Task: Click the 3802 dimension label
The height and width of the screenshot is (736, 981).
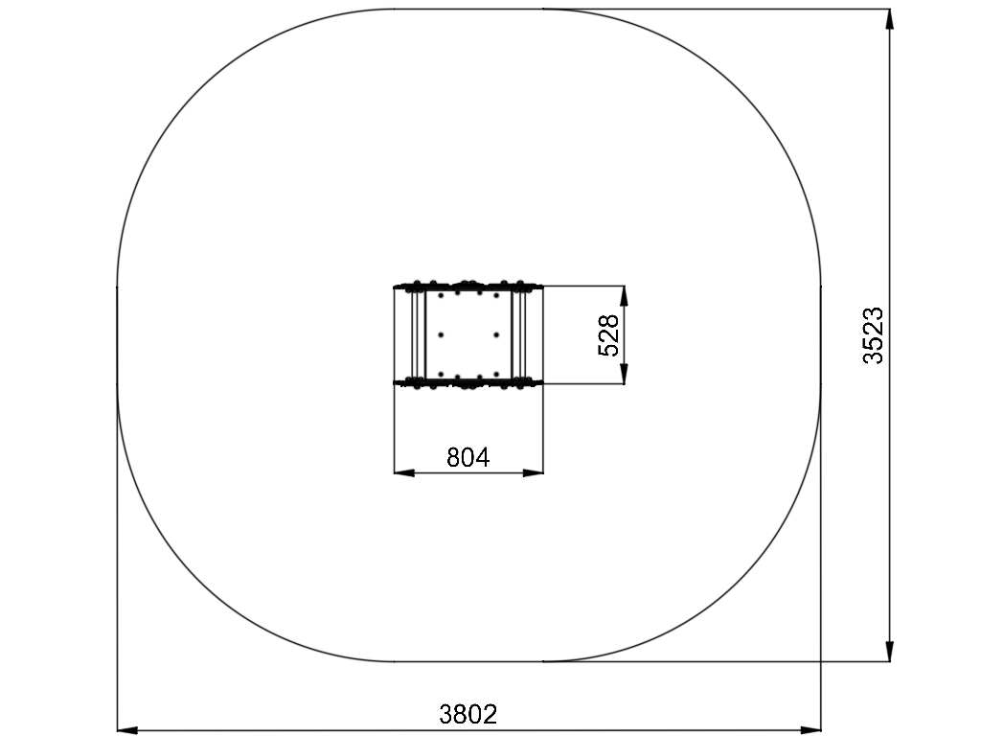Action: point(468,714)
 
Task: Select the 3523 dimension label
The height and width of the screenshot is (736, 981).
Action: point(873,335)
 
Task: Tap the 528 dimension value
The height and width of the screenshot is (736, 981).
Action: point(608,335)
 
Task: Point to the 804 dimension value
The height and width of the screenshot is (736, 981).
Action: point(468,457)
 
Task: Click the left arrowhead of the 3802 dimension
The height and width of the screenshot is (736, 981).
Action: point(127,729)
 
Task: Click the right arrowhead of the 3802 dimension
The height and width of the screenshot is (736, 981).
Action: point(810,729)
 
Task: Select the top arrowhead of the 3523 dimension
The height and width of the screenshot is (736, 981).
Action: point(889,19)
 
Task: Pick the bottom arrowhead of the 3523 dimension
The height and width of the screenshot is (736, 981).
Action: point(889,651)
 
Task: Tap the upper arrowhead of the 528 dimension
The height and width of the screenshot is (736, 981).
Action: point(625,297)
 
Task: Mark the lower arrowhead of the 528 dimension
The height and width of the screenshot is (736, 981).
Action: point(625,373)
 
